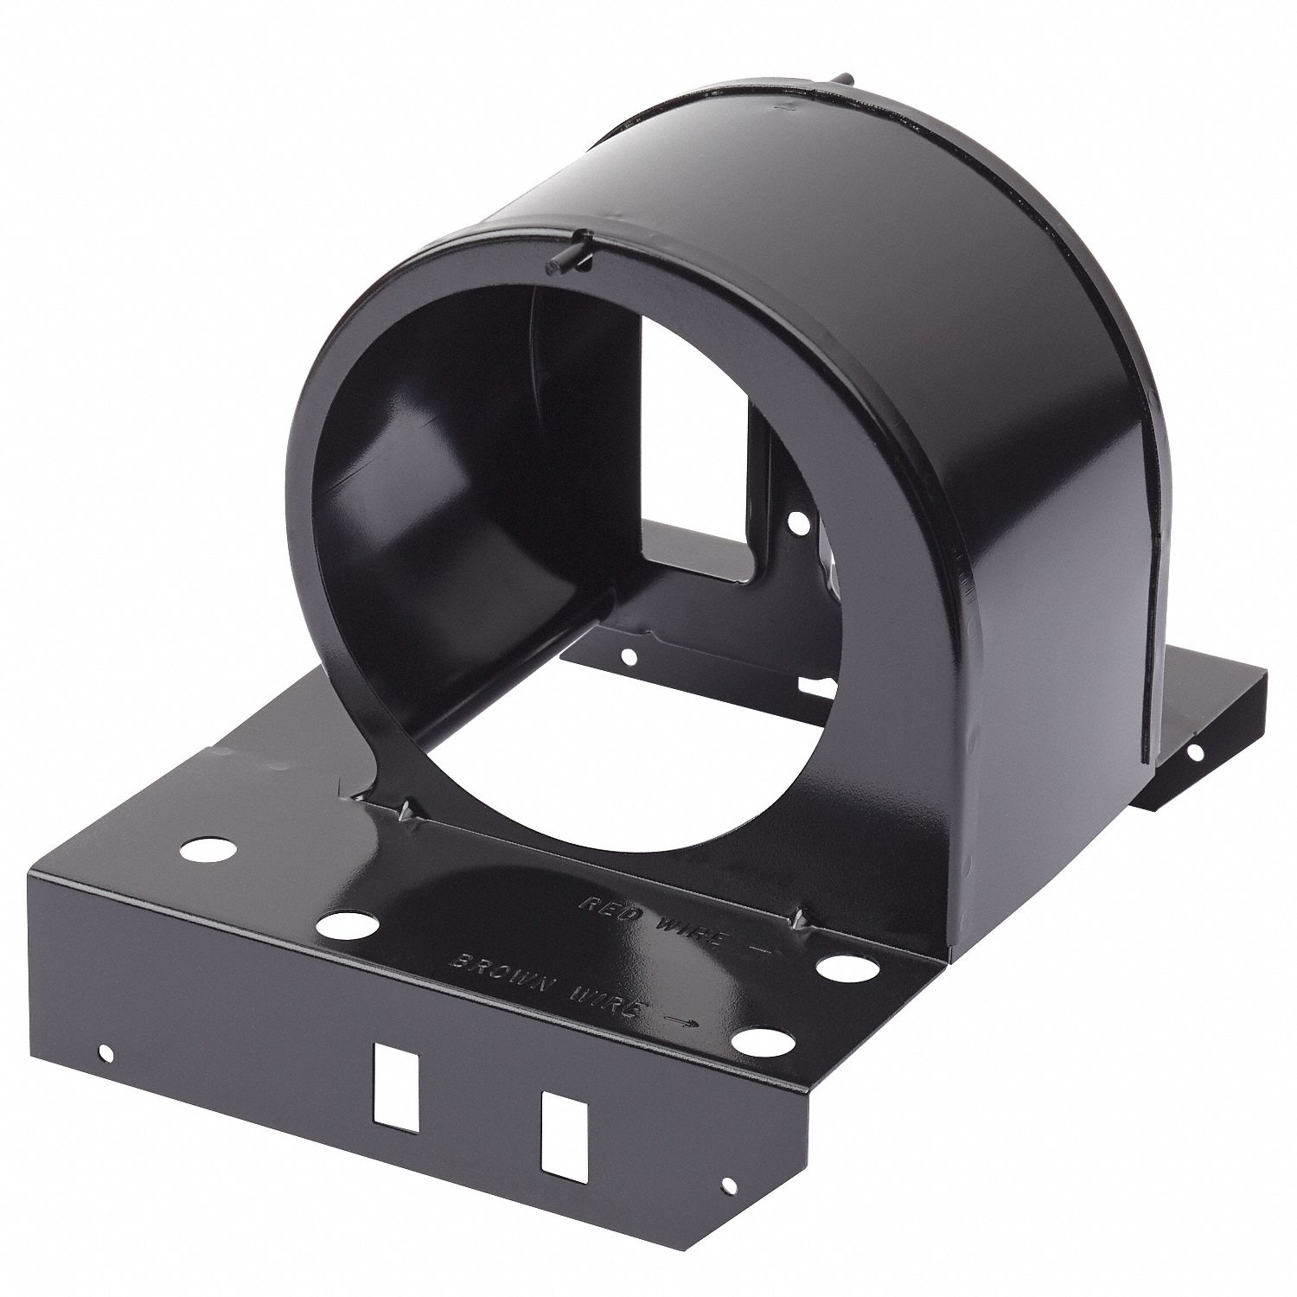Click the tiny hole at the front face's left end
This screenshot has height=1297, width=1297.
[x=106, y=1053]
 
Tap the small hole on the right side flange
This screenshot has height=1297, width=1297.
[x=1197, y=754]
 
